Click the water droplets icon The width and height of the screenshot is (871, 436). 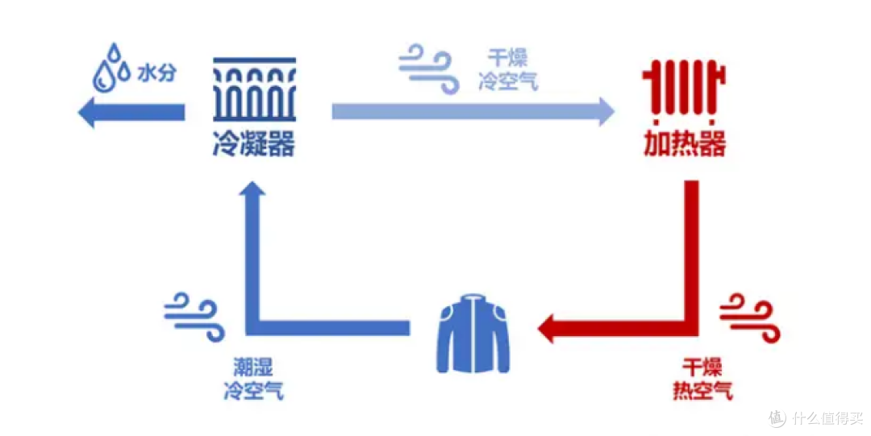pos(110,68)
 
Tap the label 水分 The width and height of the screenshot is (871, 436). pos(156,73)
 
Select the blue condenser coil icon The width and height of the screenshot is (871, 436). pos(254,89)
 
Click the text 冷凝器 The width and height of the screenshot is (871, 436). pos(254,143)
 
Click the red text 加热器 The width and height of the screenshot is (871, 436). pos(685,143)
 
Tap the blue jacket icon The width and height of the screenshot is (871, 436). pos(473,334)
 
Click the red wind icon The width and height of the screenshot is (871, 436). pos(749,318)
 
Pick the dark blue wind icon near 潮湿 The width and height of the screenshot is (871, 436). pos(194,318)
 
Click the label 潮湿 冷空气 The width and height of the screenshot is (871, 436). pos(253,379)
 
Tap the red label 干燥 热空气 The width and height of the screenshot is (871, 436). pos(702,379)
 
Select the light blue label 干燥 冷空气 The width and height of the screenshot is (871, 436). pos(508,69)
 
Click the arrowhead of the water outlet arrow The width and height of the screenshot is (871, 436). pos(86,112)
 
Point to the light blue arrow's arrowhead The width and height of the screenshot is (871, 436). pos(606,112)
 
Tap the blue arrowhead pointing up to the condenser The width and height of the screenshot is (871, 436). pos(252,189)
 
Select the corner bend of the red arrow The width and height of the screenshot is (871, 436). pos(692,328)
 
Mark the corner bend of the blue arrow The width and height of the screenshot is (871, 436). pos(252,328)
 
